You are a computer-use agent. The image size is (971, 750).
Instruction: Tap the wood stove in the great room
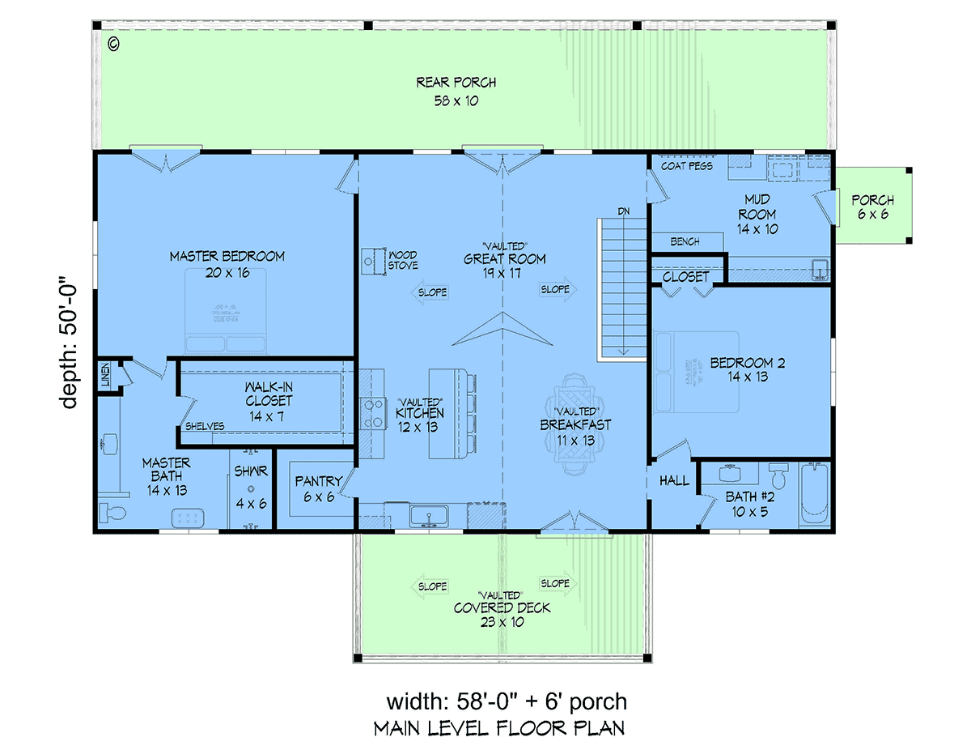point(373,259)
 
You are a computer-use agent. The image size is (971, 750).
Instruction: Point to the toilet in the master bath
point(109,512)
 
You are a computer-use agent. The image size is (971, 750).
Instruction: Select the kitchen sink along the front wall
point(430,514)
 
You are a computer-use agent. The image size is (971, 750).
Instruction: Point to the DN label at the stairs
point(623,211)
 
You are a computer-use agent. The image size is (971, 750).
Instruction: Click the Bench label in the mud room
point(685,241)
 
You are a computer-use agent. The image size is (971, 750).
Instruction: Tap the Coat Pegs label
point(687,166)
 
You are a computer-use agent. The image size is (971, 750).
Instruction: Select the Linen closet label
point(106,376)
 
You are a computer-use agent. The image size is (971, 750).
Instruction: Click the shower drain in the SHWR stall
point(251,488)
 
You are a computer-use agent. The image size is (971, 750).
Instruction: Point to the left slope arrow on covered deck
point(430,586)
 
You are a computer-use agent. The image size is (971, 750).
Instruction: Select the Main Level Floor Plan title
point(498,728)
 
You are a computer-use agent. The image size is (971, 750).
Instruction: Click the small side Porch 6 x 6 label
point(872,207)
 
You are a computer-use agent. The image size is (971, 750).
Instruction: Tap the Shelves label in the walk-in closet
point(205,426)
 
